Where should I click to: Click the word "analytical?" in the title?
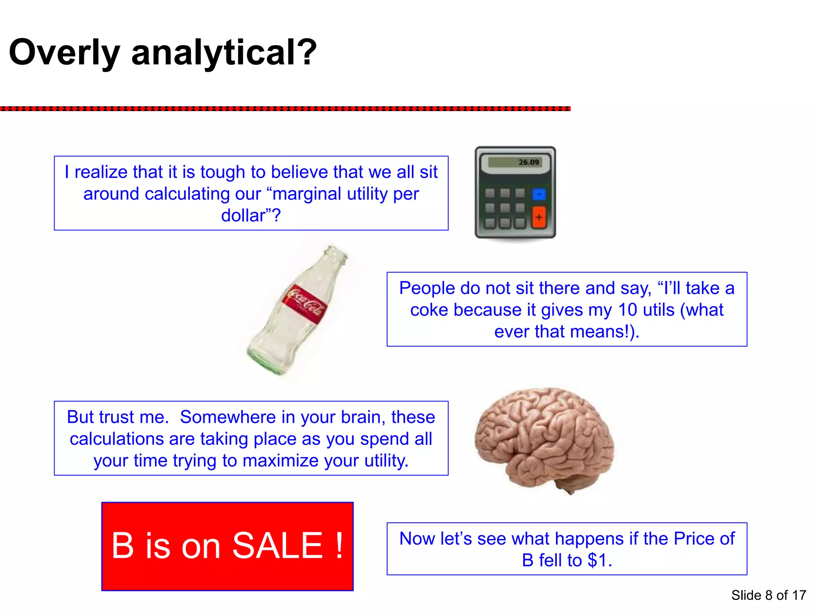click(224, 53)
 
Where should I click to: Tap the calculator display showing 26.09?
click(515, 162)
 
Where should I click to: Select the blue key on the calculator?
click(539, 194)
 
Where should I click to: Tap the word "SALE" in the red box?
click(277, 545)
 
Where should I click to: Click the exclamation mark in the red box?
click(339, 545)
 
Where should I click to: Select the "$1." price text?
click(599, 560)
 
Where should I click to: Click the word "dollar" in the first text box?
click(243, 216)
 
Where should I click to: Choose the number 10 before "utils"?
click(628, 310)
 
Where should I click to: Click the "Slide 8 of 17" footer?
click(768, 595)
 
